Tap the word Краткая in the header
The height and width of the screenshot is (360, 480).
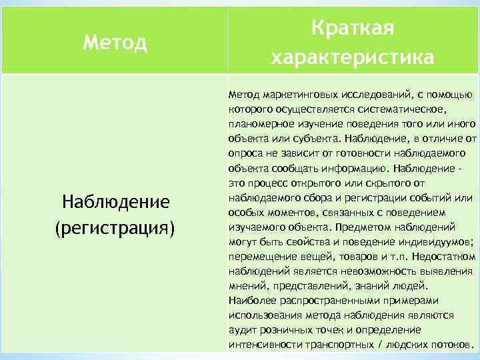pos(353,29)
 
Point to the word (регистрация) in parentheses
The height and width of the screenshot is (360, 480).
pos(115,227)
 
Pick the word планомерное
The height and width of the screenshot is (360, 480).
pos(257,124)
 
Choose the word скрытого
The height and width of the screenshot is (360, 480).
pos(393,183)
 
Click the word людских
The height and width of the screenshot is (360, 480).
pos(411,345)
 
